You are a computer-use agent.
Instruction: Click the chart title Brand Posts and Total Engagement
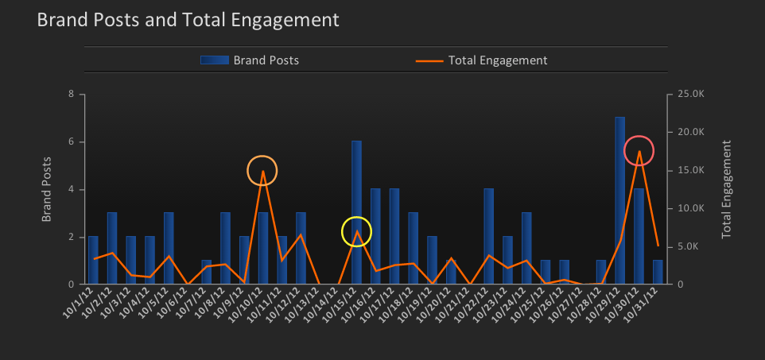click(188, 20)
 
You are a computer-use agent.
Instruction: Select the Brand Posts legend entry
click(250, 60)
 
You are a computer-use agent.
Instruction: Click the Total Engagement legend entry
click(481, 60)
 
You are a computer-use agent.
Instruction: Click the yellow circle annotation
click(356, 231)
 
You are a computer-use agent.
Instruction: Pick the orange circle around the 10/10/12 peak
click(262, 171)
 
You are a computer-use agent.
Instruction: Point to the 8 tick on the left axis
click(72, 95)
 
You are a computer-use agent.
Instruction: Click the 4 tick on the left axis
click(72, 189)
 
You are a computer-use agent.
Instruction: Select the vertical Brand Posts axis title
click(46, 189)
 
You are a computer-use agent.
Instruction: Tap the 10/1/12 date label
click(80, 304)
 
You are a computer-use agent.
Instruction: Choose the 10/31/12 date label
click(645, 304)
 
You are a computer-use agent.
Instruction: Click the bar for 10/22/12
click(488, 236)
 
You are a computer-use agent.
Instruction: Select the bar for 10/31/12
click(658, 272)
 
